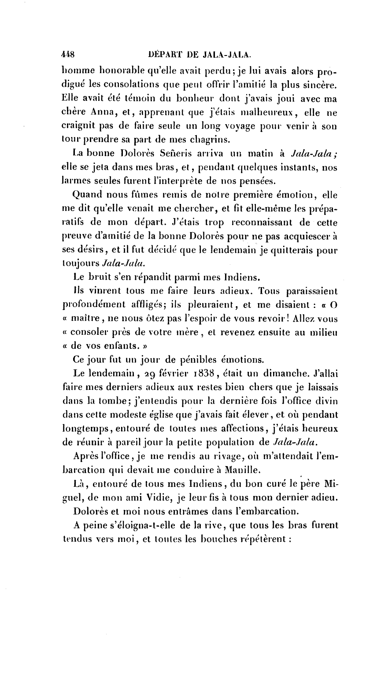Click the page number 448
click(x=68, y=55)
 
